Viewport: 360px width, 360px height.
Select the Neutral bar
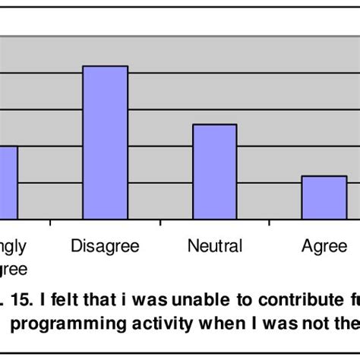[215, 172]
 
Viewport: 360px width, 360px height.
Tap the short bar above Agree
[324, 197]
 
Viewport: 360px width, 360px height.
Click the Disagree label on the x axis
[105, 246]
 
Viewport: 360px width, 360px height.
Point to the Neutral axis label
[215, 246]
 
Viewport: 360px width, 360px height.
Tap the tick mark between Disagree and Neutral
[160, 223]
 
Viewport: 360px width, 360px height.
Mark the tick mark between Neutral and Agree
[270, 223]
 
